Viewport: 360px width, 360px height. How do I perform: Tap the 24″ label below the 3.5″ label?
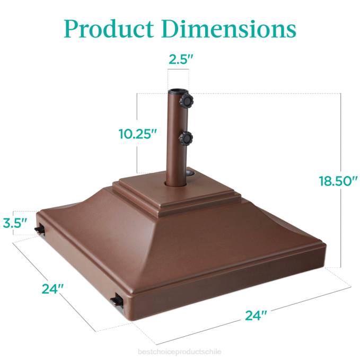click(53, 289)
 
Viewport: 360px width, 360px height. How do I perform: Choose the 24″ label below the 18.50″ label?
click(256, 315)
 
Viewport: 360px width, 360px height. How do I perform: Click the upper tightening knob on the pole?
click(186, 100)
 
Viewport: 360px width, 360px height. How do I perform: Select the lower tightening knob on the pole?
click(186, 139)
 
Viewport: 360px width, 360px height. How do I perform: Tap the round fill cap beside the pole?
click(191, 173)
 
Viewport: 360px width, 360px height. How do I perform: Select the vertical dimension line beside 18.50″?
click(340, 223)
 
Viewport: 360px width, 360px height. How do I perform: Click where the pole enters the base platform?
click(175, 183)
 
